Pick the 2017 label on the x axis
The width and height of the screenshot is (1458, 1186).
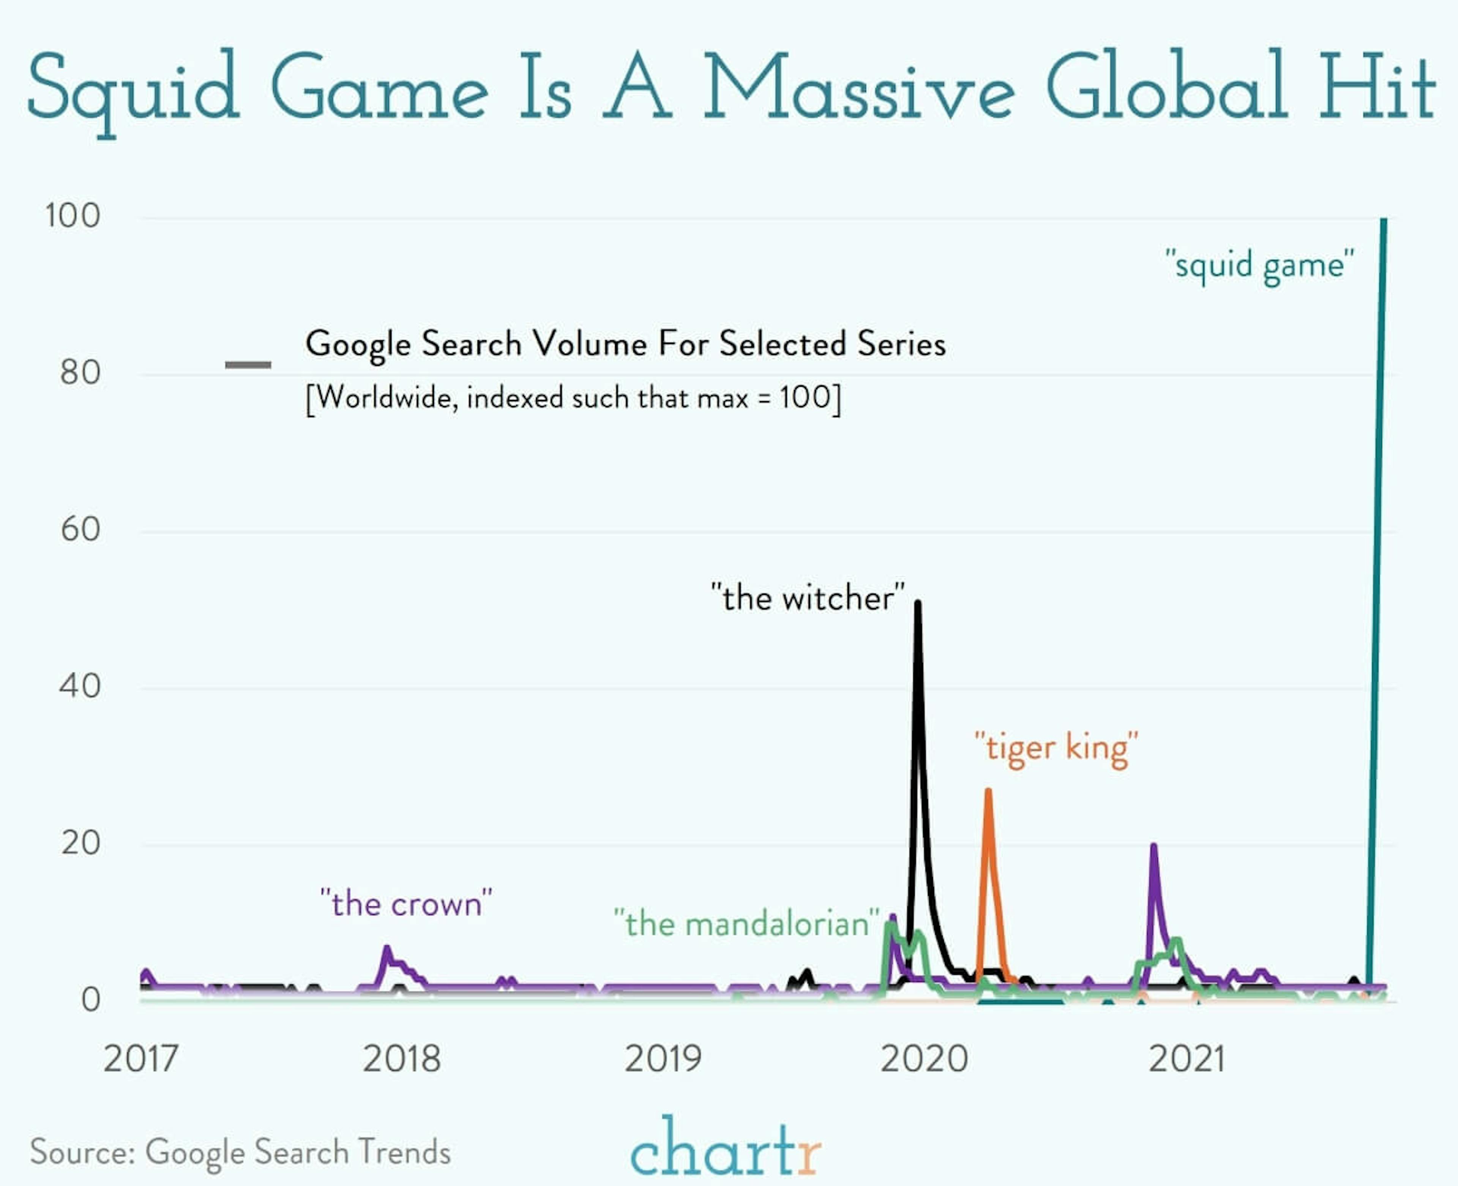pyautogui.click(x=141, y=1059)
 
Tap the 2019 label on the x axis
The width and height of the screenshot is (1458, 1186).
pyautogui.click(x=663, y=1059)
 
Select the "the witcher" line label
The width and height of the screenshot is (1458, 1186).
pyautogui.click(x=808, y=598)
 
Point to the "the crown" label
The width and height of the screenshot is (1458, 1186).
pyautogui.click(x=406, y=904)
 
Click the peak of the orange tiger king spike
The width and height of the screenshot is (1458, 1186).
pyautogui.click(x=988, y=791)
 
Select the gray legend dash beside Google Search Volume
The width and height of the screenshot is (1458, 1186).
pyautogui.click(x=248, y=365)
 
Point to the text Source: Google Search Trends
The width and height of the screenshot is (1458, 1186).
pyautogui.click(x=240, y=1152)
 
